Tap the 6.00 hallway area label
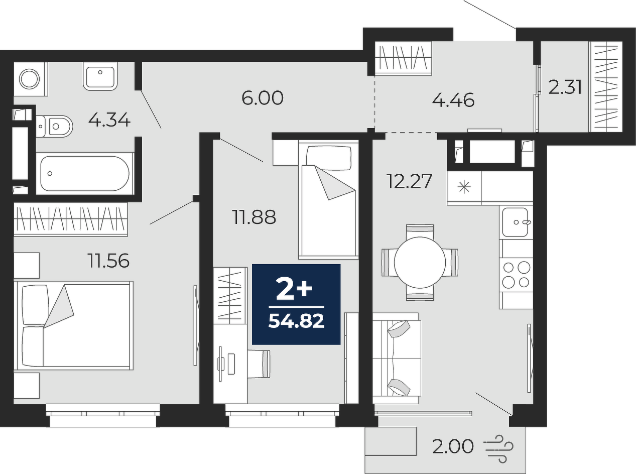[x=263, y=98]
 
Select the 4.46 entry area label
[x=453, y=100]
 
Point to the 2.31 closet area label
[x=565, y=87]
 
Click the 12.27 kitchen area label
[x=409, y=181]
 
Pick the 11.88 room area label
[x=254, y=217]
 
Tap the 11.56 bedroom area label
[x=108, y=261]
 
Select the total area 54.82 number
[x=296, y=321]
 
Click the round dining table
[x=420, y=262]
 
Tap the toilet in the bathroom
[x=55, y=126]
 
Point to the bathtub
[x=85, y=173]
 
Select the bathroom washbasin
[x=100, y=76]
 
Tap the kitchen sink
[x=516, y=222]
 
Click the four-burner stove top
[x=516, y=275]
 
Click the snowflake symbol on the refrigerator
[x=464, y=188]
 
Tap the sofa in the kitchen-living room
[x=397, y=359]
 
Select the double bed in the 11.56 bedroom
[x=74, y=325]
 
